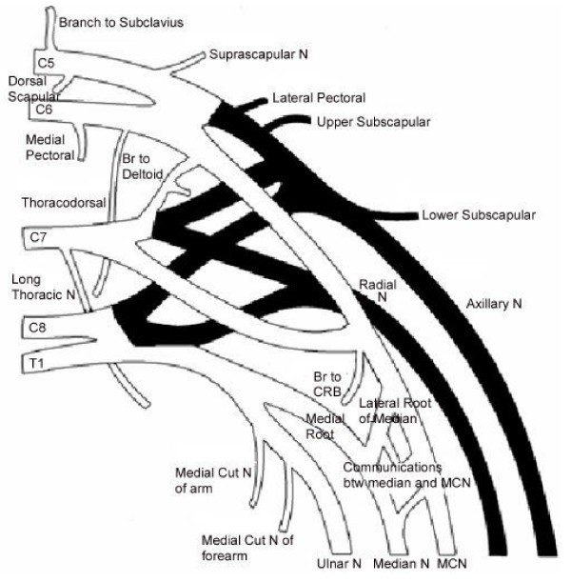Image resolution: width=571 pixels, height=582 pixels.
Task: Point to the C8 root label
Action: (35, 327)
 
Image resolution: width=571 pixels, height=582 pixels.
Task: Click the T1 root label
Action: (35, 363)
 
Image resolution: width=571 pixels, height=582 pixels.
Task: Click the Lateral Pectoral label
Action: (318, 98)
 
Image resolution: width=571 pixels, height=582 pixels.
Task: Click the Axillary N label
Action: (497, 305)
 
